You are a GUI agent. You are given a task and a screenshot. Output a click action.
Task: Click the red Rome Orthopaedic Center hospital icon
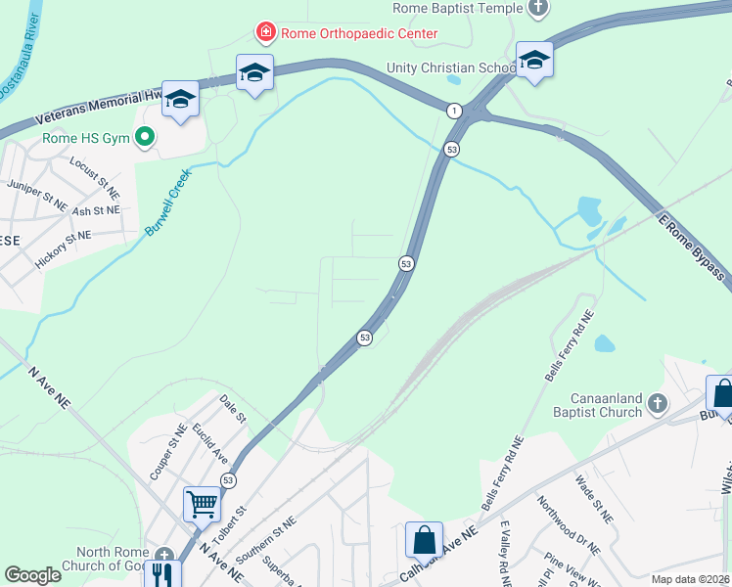click(265, 33)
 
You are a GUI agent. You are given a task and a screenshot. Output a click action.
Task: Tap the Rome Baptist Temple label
click(458, 8)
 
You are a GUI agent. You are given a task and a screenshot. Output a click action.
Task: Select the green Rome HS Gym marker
click(145, 138)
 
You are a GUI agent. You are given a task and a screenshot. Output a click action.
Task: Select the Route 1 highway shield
click(454, 111)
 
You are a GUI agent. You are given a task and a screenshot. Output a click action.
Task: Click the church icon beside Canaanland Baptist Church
click(659, 402)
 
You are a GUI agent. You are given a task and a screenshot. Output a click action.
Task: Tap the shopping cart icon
click(202, 504)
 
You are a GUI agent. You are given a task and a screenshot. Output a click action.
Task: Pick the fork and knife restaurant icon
click(161, 573)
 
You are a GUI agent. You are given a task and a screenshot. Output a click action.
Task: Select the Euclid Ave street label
click(209, 443)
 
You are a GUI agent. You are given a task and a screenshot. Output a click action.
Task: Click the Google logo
click(32, 575)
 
